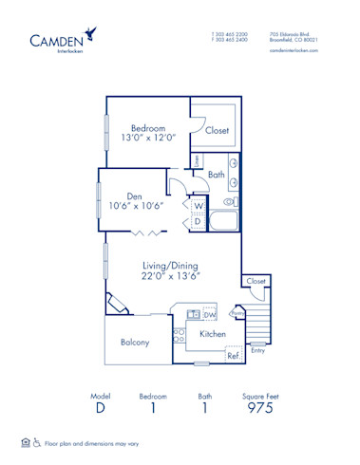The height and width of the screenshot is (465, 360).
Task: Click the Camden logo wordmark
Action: tap(54, 41)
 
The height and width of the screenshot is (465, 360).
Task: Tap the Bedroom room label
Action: tap(147, 128)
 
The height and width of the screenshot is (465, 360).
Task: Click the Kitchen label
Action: tap(213, 334)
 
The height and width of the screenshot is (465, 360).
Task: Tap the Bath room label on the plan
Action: tap(216, 176)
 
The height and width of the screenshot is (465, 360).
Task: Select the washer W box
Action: tap(199, 205)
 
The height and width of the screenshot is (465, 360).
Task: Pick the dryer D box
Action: tap(199, 221)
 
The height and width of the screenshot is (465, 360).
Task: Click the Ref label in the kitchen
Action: tap(232, 357)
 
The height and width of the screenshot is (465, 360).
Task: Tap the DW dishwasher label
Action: tap(210, 314)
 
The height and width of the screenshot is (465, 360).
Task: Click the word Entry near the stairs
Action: tap(256, 349)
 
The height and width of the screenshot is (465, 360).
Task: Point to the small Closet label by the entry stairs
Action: tap(256, 282)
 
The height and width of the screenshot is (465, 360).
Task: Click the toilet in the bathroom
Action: tap(229, 202)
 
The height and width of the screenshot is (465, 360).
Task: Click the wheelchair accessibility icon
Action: tap(37, 442)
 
